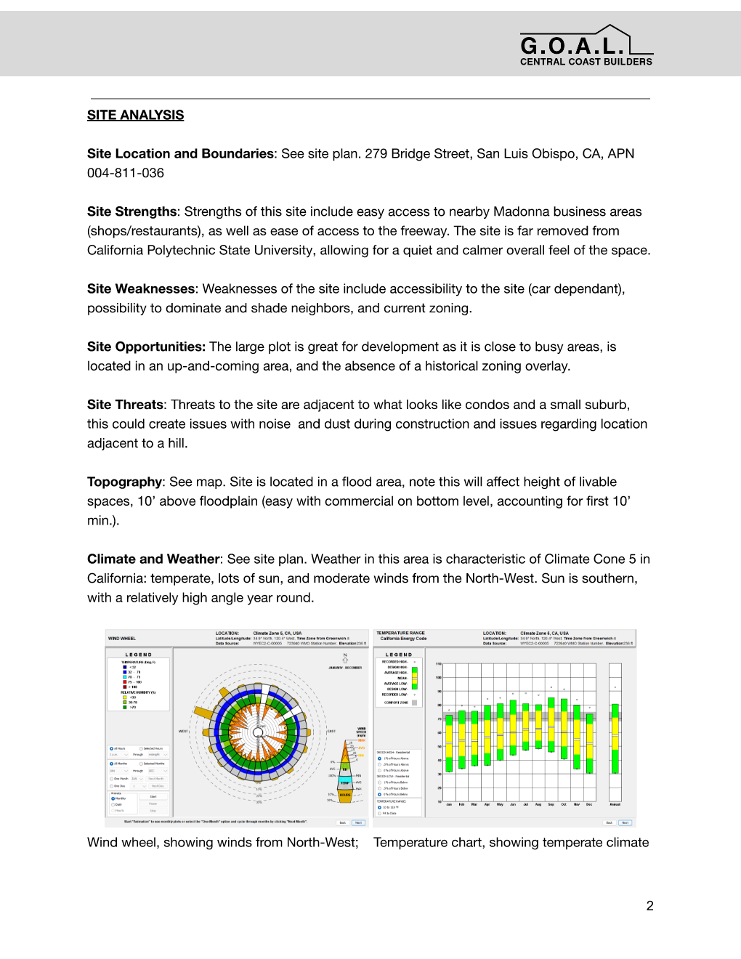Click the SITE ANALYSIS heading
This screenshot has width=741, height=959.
tap(135, 115)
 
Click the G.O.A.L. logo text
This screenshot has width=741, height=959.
tap(572, 46)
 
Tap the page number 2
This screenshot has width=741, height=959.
tap(649, 905)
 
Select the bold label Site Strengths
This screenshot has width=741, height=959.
tap(131, 211)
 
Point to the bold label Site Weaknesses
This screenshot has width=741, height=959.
tap(141, 288)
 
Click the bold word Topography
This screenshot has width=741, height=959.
tap(124, 482)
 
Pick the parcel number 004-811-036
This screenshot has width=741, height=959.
tap(126, 173)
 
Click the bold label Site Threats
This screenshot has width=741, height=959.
tap(125, 405)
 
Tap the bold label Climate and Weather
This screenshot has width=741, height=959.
tap(153, 559)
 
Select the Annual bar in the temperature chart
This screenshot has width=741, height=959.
tap(615, 737)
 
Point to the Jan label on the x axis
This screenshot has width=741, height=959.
tap(449, 804)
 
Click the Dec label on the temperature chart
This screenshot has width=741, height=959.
tap(589, 804)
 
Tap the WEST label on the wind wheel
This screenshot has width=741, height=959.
tap(183, 731)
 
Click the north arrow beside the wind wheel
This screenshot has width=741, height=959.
tap(345, 658)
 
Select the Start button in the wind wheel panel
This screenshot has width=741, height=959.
tap(153, 796)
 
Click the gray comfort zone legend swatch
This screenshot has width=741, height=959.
tap(415, 703)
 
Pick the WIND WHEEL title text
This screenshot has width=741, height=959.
tap(122, 639)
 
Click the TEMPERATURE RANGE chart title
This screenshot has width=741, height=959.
tap(400, 633)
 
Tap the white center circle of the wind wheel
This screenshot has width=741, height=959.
tap(259, 727)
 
